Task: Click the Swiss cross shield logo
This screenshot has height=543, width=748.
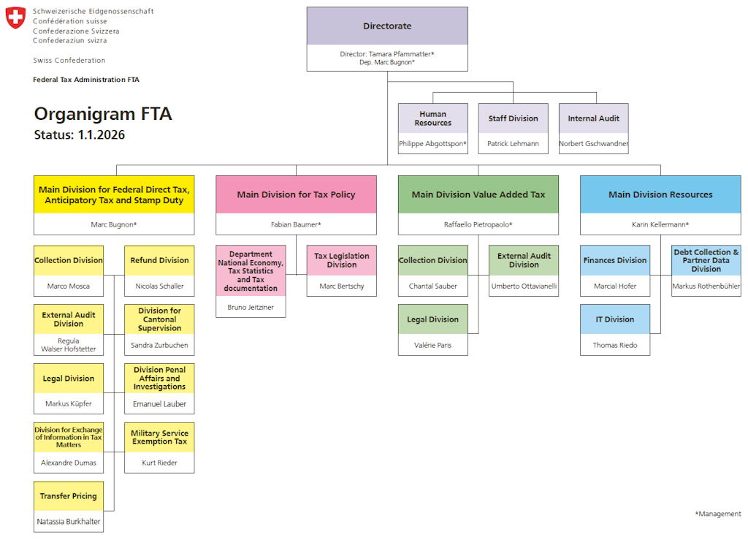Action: click(x=15, y=18)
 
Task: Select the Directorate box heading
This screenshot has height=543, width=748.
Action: click(x=387, y=26)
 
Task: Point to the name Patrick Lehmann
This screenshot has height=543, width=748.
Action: click(x=513, y=144)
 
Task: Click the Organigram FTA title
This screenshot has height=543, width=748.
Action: click(x=103, y=114)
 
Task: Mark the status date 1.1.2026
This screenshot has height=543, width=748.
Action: click(x=102, y=135)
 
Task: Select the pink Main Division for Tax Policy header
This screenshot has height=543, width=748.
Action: click(x=296, y=194)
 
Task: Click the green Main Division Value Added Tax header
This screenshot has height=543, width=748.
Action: click(x=478, y=194)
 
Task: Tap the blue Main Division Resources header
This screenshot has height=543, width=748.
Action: click(x=660, y=194)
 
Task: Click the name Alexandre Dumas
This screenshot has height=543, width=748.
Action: click(x=69, y=463)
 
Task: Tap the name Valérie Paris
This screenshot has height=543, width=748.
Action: click(x=433, y=345)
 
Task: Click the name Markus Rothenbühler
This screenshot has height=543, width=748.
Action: click(x=706, y=286)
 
